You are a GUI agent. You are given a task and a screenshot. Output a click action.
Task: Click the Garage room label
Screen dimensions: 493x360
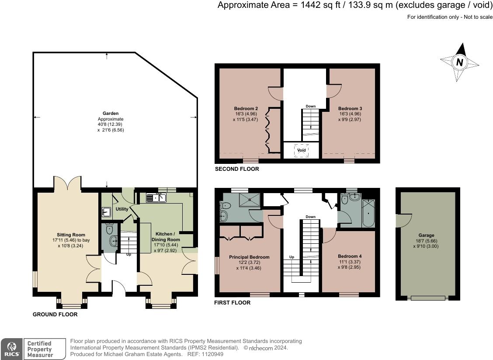click(x=426, y=235)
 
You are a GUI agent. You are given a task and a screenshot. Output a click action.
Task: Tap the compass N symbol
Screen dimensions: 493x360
click(x=459, y=62)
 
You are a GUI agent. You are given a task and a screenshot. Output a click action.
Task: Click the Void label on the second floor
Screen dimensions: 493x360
click(x=302, y=150)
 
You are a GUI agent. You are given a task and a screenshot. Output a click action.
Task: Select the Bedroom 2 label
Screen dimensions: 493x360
click(x=246, y=108)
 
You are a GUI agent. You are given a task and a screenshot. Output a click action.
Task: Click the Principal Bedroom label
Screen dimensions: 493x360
click(x=249, y=257)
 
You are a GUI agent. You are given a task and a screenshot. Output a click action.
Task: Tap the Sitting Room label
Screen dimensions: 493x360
click(x=71, y=235)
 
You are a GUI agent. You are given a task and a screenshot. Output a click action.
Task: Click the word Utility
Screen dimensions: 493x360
click(x=122, y=209)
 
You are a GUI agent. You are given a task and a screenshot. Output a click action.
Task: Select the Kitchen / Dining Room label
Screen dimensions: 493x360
click(x=166, y=237)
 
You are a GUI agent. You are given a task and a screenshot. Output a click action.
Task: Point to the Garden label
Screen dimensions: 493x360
click(x=111, y=113)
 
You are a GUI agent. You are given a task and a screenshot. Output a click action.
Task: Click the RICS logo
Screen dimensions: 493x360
click(x=12, y=349)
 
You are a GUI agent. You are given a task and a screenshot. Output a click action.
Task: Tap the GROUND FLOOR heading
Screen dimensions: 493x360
click(x=55, y=315)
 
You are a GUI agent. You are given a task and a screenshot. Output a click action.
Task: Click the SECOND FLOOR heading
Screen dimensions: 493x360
click(x=237, y=169)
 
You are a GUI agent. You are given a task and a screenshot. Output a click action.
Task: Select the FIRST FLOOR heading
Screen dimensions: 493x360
click(x=233, y=302)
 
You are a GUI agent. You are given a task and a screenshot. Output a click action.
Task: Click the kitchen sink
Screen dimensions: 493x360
click(x=156, y=198)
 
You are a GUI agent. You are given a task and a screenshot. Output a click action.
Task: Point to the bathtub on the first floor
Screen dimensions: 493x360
click(x=368, y=213)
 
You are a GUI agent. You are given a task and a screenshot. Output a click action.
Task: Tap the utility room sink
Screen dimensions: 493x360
click(x=107, y=212)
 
